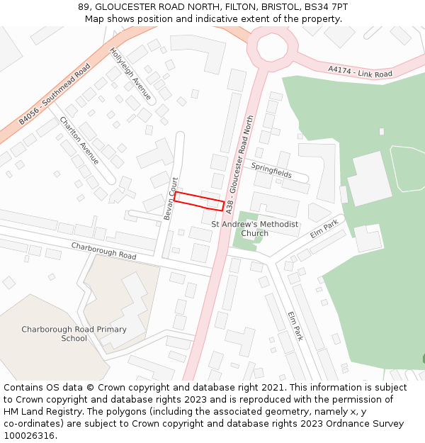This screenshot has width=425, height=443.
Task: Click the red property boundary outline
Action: point(199,201)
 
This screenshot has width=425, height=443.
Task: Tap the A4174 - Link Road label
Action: point(360,72)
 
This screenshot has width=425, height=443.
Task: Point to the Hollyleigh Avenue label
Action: point(131,74)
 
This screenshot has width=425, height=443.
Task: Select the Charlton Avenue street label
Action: point(79,140)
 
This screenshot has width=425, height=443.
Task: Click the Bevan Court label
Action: point(169,198)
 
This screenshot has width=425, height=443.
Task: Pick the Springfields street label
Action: point(271,169)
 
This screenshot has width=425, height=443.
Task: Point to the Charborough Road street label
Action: point(103,250)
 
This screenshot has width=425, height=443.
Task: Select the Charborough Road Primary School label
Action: point(74,334)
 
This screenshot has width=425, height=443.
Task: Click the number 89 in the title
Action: point(84,7)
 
